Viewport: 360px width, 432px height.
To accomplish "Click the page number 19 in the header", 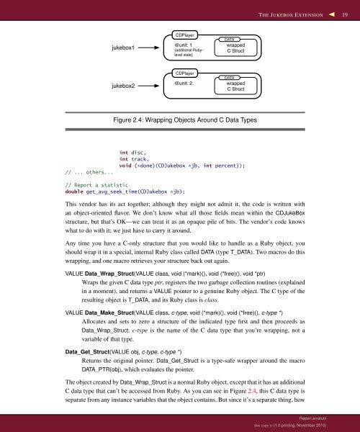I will coord(346,13).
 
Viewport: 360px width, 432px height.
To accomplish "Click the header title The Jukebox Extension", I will coord(288,13).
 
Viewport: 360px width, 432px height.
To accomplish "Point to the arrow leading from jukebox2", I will coord(153,87).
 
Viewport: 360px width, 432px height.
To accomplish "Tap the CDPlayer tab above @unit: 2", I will coord(186,73).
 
